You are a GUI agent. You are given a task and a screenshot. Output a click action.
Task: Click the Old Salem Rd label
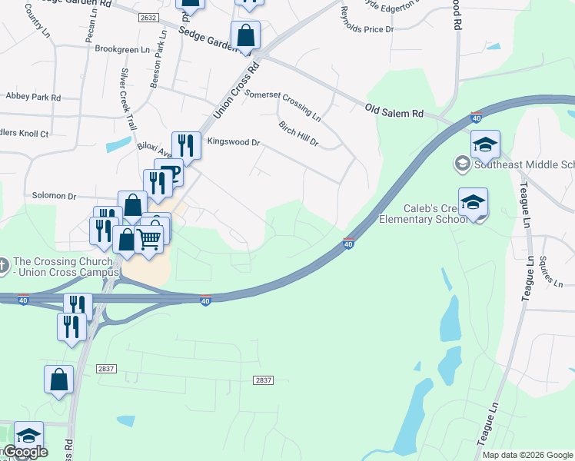tap(394, 112)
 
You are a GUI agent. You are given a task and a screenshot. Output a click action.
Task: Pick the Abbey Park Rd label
tap(32, 97)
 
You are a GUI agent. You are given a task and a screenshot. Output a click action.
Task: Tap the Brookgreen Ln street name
tap(121, 48)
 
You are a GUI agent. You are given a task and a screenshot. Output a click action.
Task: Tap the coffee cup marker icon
tap(169, 173)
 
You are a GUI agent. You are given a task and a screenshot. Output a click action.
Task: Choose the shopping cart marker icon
tap(148, 238)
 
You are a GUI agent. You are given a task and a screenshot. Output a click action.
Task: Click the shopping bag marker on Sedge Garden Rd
tap(245, 35)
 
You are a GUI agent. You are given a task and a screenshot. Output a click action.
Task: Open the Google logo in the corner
tap(25, 452)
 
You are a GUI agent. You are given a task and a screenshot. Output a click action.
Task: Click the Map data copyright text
tap(527, 455)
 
